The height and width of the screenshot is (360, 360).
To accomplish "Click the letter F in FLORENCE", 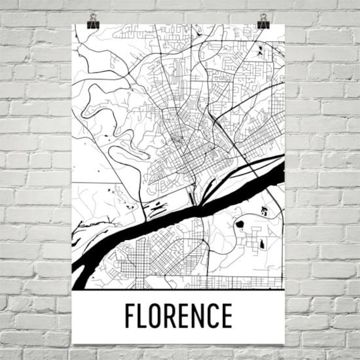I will click(x=131, y=316).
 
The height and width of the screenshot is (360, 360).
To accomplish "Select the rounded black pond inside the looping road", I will click(x=240, y=224).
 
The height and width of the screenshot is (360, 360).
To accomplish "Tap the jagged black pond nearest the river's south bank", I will click(x=264, y=212).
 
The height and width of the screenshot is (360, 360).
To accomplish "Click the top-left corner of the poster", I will click(x=73, y=24).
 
